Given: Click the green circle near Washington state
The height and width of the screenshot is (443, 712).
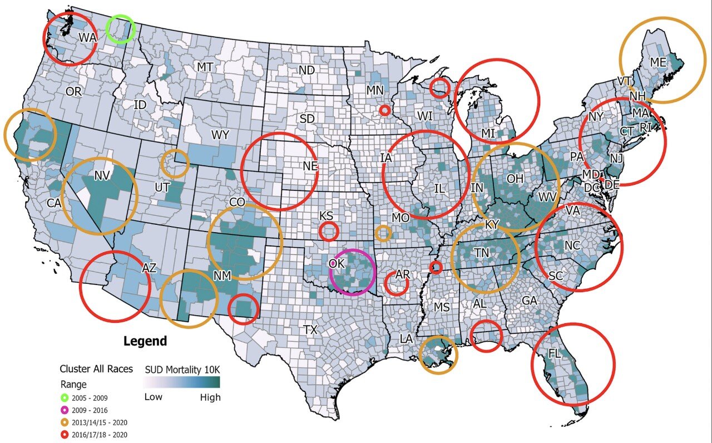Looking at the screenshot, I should coord(121,29).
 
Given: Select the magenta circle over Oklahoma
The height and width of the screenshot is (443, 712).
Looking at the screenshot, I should coord(352,272).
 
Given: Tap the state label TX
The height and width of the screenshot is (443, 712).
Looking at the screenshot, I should coord(310,330).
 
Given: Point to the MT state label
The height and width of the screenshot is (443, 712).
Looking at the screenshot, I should coord(205,67).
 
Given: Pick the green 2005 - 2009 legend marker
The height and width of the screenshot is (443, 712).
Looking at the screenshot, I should coord(65,398).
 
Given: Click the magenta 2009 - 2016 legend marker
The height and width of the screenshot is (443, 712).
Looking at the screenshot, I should coord(65,410).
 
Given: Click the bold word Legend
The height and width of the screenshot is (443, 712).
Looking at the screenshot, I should coord(145,341).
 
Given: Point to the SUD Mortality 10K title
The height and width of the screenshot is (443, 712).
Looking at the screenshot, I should coord(182,369).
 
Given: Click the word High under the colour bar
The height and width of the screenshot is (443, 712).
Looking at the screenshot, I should coord(210,397).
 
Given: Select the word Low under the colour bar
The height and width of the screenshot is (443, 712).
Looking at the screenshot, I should coord(154,397).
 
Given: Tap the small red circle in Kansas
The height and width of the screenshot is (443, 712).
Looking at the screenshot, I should coord(328,230).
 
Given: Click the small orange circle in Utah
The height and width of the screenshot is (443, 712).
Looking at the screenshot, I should coord(175,163).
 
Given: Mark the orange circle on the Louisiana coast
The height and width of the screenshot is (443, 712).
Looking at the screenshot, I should coord(438,355).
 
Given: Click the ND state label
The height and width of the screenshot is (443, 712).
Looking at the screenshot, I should coord(306,70).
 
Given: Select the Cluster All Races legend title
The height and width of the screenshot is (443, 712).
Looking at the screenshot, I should coord(96,369).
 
